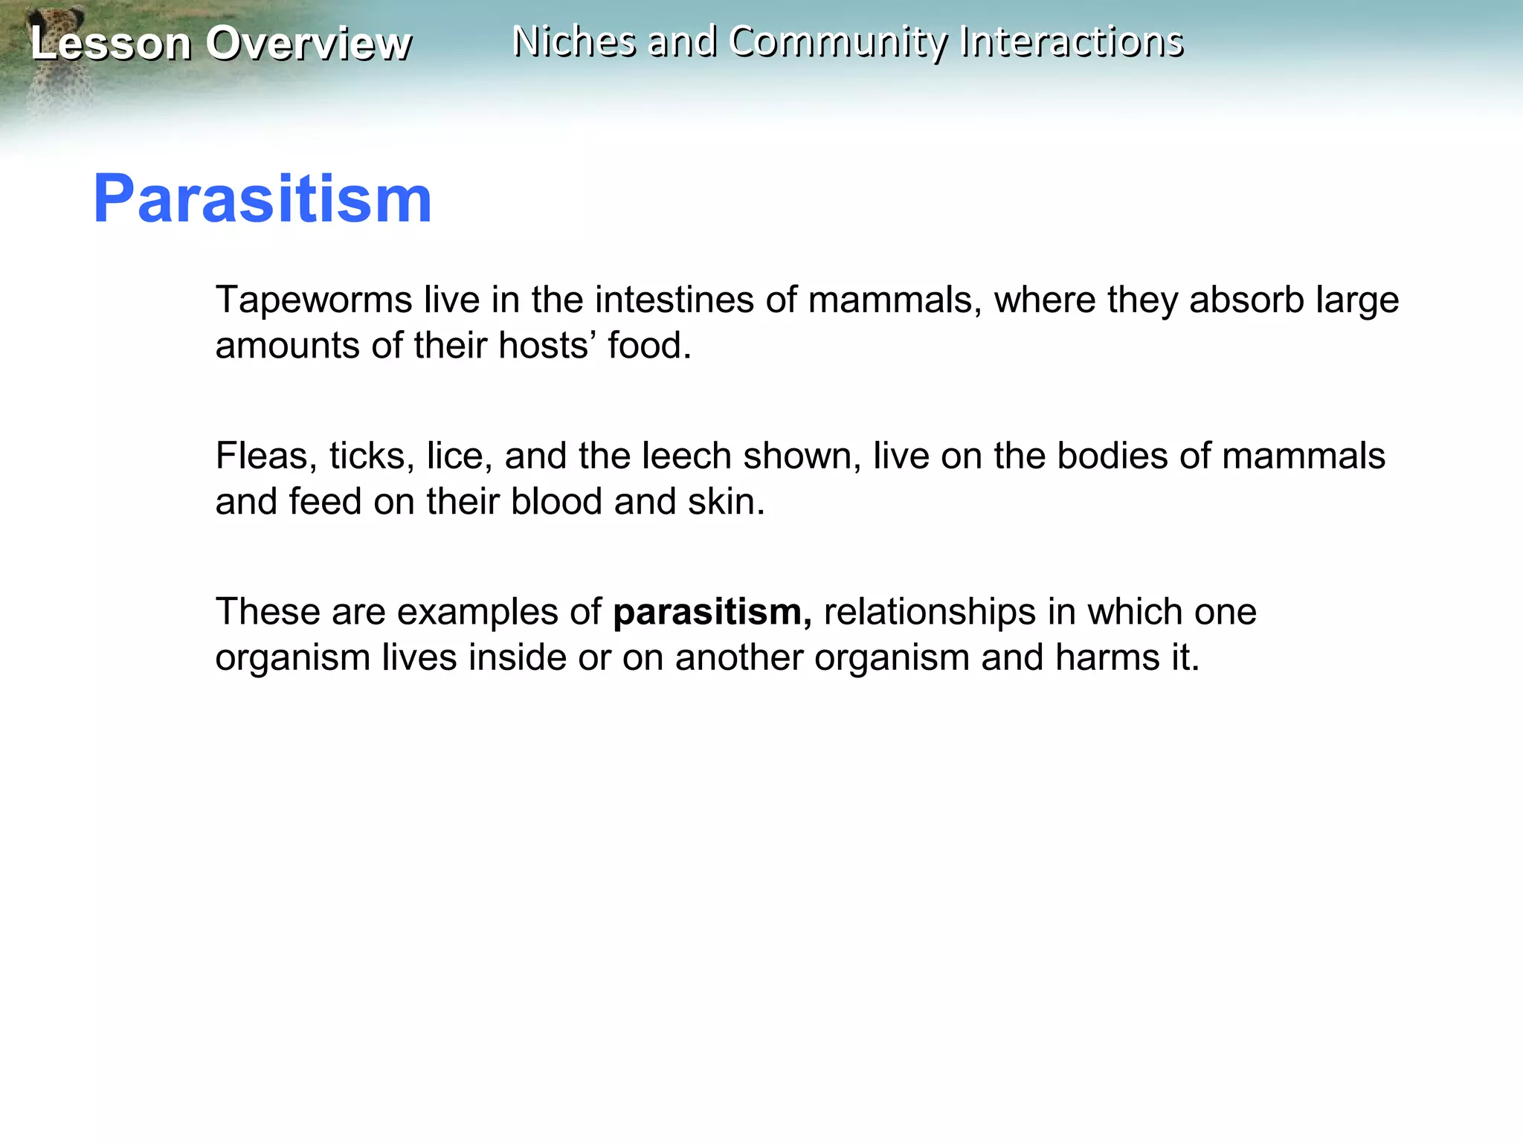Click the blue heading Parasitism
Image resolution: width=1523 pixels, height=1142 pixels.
click(x=262, y=199)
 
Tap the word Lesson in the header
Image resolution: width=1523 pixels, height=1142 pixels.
click(x=110, y=43)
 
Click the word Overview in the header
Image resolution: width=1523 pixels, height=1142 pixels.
click(x=308, y=43)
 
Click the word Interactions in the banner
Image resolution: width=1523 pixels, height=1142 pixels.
click(x=1071, y=42)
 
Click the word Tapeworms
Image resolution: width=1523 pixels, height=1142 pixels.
click(x=314, y=300)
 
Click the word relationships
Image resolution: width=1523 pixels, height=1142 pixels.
click(x=930, y=613)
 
